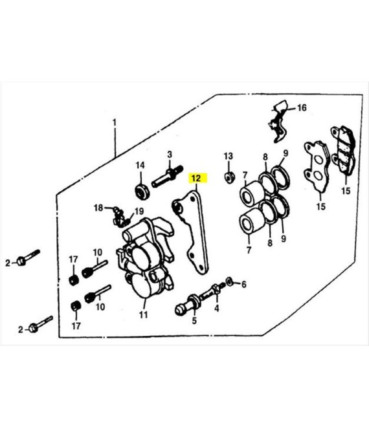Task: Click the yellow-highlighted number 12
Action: click(196, 179)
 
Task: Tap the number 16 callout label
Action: click(302, 108)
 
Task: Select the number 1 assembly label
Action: click(115, 122)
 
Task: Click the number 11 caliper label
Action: click(143, 315)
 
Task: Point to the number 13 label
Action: click(229, 157)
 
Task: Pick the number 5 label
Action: click(194, 320)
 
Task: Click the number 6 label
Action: click(243, 285)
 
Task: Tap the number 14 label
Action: click(140, 165)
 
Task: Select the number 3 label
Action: click(170, 155)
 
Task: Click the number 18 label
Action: click(98, 208)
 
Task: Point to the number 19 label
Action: click(139, 211)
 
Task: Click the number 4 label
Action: click(217, 308)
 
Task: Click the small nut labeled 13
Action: click(229, 177)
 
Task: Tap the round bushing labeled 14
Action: click(142, 192)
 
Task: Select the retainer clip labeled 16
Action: click(278, 121)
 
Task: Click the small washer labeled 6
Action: click(229, 281)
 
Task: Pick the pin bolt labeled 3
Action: click(167, 177)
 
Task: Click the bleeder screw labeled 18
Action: click(117, 212)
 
